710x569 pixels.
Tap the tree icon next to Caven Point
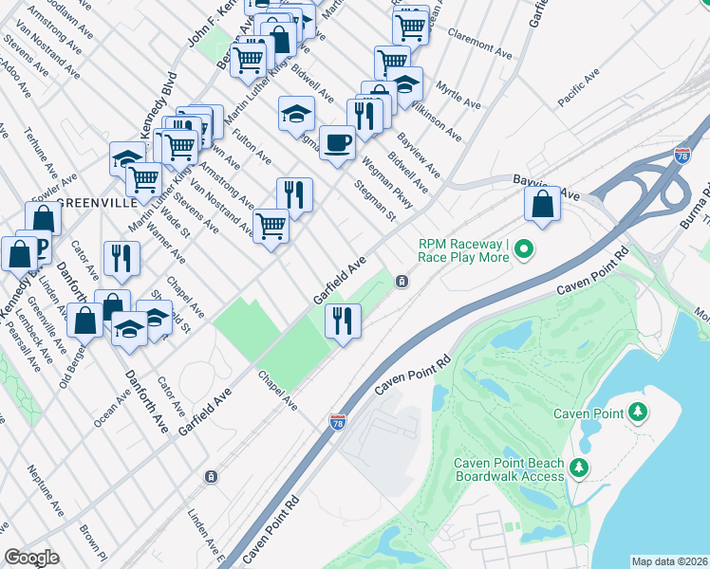point(639,413)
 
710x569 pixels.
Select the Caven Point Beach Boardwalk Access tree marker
point(579,468)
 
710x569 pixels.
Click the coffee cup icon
point(337,143)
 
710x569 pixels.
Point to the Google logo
point(32,558)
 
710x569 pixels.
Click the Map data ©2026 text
point(669,561)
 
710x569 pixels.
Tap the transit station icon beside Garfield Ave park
point(402,281)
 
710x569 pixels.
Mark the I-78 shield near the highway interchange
point(682,155)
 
